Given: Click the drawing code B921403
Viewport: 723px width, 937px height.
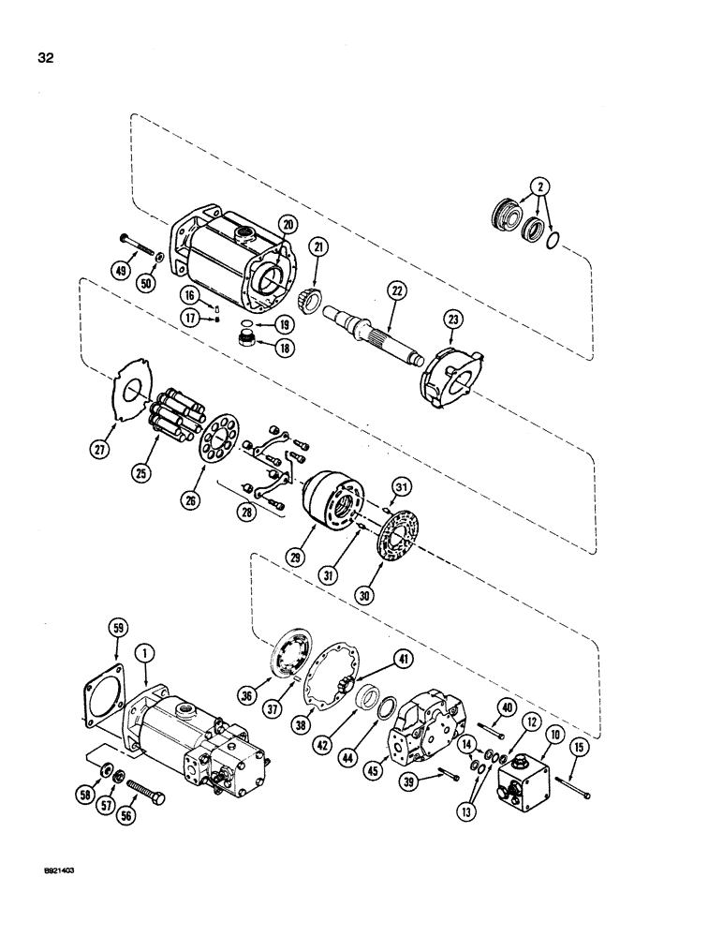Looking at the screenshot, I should pyautogui.click(x=56, y=870).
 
